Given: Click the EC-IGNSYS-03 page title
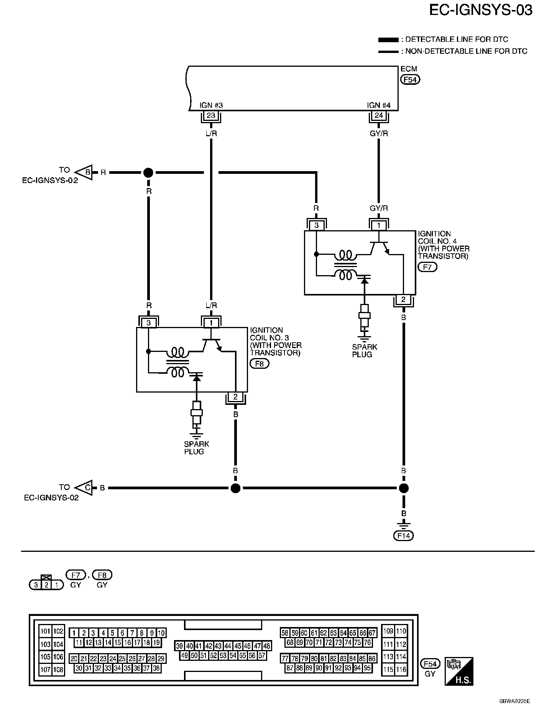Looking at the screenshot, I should coord(480,10).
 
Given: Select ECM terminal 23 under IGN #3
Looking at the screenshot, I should coord(211,116).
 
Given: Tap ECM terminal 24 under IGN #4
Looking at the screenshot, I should coord(378,116).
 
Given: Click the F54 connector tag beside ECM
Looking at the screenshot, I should coord(410,79).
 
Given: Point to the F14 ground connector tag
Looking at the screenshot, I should coord(404,536).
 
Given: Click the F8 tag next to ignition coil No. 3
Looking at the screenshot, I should coord(260,363).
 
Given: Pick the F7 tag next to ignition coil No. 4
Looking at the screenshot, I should coord(427,267).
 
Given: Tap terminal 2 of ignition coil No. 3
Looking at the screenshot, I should coord(235,397).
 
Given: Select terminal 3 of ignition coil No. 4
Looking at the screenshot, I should coord(316,225).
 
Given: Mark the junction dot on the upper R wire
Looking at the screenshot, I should coord(148,173).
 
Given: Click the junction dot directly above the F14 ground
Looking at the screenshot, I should coord(403,488).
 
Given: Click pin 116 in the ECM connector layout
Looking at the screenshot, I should coord(401,669).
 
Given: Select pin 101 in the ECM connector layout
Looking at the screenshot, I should coord(45,631).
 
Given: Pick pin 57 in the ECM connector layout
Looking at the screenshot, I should coord(262,655).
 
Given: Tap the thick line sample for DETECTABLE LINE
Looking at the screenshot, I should coord(388,40).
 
